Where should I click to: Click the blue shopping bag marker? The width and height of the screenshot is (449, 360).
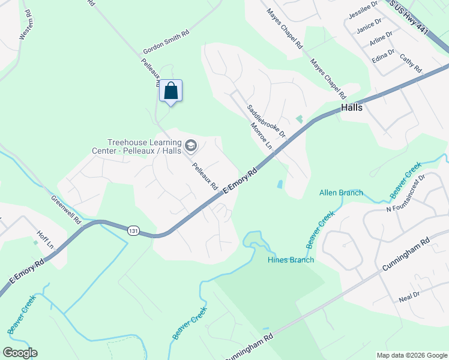[170, 91]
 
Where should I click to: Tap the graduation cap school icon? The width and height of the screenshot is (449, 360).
[191, 145]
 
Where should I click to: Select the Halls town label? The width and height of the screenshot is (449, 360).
[352, 107]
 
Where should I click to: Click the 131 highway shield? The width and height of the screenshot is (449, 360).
[134, 230]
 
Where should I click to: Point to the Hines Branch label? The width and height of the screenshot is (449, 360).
[291, 260]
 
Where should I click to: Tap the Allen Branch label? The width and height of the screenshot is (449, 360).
[341, 193]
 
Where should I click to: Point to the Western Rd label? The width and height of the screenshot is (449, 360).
[25, 25]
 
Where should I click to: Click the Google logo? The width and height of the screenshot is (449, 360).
[20, 352]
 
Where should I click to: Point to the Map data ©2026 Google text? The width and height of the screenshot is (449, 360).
[411, 355]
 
